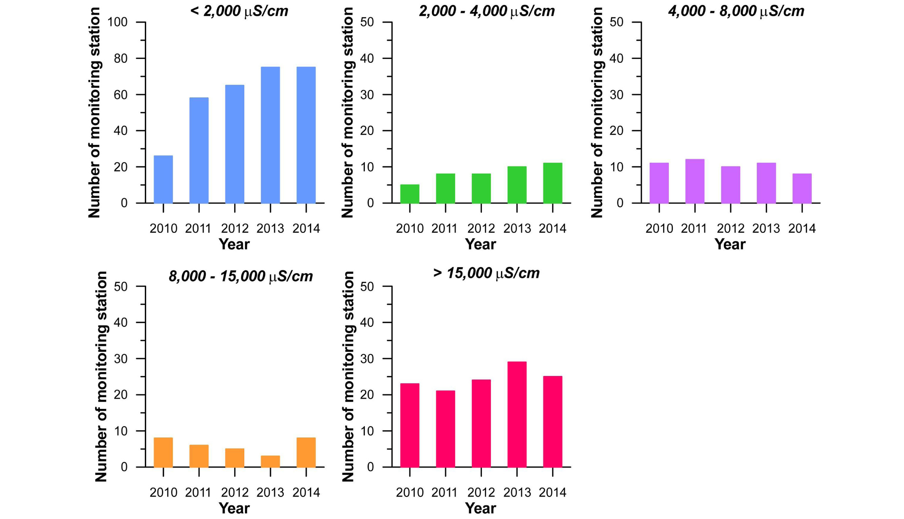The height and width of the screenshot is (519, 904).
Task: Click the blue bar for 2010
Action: [x=163, y=179]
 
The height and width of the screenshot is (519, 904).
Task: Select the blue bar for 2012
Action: [x=234, y=144]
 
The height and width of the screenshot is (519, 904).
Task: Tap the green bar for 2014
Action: [x=552, y=183]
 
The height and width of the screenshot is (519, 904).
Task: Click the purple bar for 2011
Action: [x=695, y=181]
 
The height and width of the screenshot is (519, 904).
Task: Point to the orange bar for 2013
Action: [x=270, y=461]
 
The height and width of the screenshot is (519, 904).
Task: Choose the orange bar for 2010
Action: [x=163, y=452]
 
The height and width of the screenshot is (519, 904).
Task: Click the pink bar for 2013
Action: [x=517, y=415]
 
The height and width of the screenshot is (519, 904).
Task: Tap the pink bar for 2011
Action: [x=445, y=429]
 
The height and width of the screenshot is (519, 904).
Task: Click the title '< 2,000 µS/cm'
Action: [x=239, y=11]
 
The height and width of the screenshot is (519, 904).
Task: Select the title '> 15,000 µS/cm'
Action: [x=486, y=273]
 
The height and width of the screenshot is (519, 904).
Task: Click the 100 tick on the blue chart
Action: [x=118, y=22]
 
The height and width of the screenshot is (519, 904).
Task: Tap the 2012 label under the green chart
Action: [x=481, y=228]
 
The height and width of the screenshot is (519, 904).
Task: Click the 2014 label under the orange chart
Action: [x=306, y=493]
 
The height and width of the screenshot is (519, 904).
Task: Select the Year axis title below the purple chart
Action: [x=730, y=245]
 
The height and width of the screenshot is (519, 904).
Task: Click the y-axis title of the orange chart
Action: [x=101, y=377]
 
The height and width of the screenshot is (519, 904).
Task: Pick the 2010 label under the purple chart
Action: [x=659, y=228]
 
